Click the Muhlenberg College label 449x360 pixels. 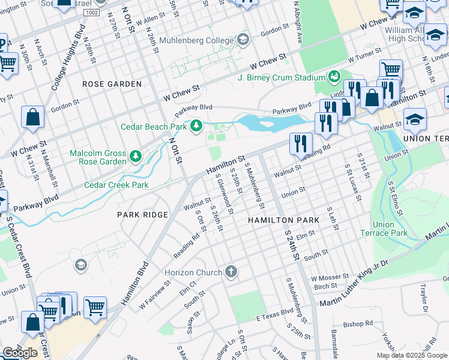(202, 41)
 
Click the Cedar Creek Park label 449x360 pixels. (116, 185)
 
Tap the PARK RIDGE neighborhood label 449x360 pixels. (142, 214)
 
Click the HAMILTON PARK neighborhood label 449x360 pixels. (284, 220)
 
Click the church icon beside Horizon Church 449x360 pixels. (231, 272)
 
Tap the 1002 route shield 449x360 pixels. (92, 12)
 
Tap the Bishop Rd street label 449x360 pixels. (358, 324)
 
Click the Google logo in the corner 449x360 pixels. (20, 353)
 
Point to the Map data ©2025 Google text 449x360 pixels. (411, 355)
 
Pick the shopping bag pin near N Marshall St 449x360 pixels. (33, 118)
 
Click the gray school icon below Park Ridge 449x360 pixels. (80, 265)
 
